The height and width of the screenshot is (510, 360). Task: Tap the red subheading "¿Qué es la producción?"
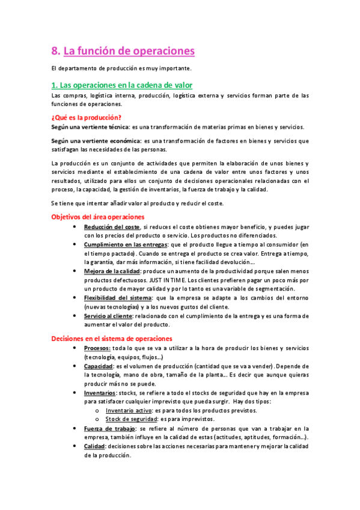coord(87,117)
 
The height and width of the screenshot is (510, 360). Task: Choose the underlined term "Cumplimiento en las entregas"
coord(126,245)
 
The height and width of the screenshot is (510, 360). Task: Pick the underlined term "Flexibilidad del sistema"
coord(118,298)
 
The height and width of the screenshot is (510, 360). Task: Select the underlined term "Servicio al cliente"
coord(109,315)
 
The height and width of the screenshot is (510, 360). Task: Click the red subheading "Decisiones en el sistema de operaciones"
coord(112,339)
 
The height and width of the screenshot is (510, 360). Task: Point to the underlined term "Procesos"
coord(97,348)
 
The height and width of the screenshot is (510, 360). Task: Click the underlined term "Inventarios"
coord(100,392)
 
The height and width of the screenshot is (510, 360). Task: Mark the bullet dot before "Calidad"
coord(73,446)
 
